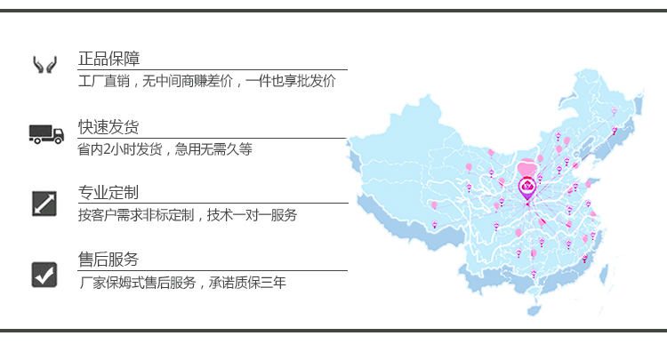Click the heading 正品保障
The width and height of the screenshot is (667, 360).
[108, 60]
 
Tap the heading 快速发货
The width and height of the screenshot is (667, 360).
[108, 127]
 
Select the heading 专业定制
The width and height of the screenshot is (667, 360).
[108, 193]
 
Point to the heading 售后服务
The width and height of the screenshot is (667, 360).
[108, 260]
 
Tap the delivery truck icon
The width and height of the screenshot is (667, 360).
[46, 134]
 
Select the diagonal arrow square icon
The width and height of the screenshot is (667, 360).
[44, 203]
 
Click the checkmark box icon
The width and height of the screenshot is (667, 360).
[44, 274]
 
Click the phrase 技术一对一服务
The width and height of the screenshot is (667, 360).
[252, 215]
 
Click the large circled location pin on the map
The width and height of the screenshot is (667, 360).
[527, 187]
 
